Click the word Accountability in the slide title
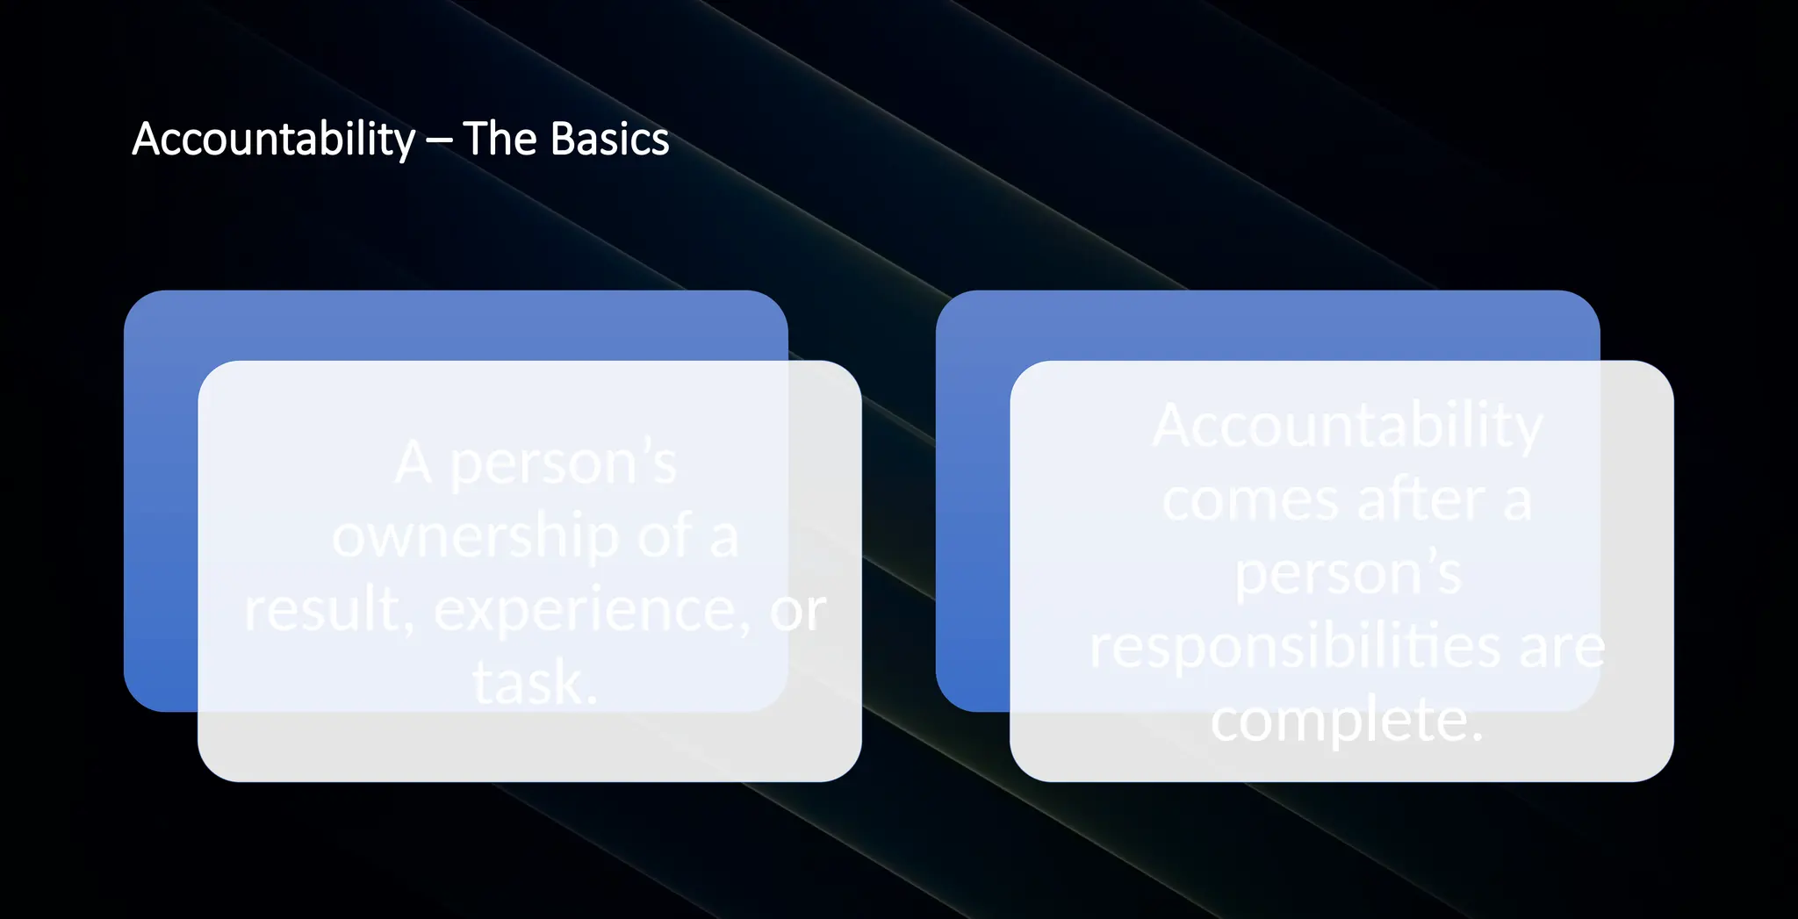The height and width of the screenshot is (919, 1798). click(273, 140)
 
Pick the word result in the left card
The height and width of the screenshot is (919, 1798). click(321, 610)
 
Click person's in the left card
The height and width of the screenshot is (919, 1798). click(563, 464)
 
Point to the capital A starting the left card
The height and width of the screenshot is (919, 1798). click(413, 463)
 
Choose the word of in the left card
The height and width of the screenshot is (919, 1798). click(665, 535)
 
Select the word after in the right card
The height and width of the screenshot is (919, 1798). click(1420, 500)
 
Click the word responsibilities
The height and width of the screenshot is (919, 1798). click(1295, 648)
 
